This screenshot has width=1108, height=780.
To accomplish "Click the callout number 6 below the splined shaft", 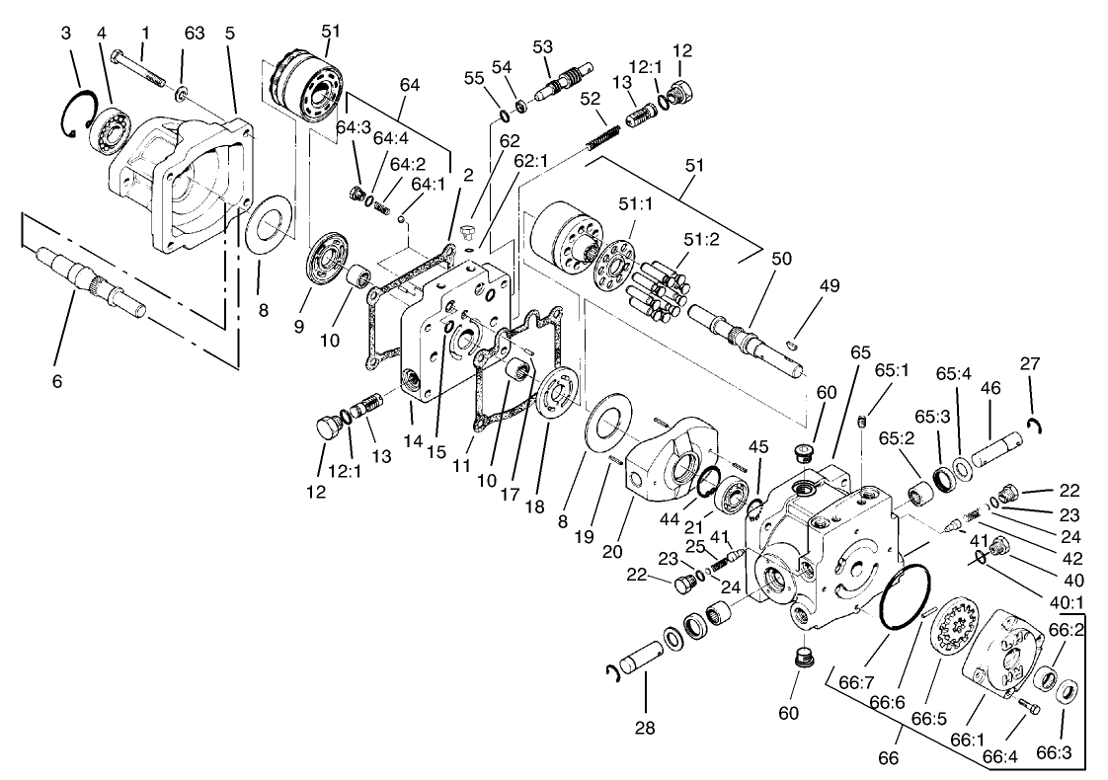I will (56, 380).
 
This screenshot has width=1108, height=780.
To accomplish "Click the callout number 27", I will (1030, 362).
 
